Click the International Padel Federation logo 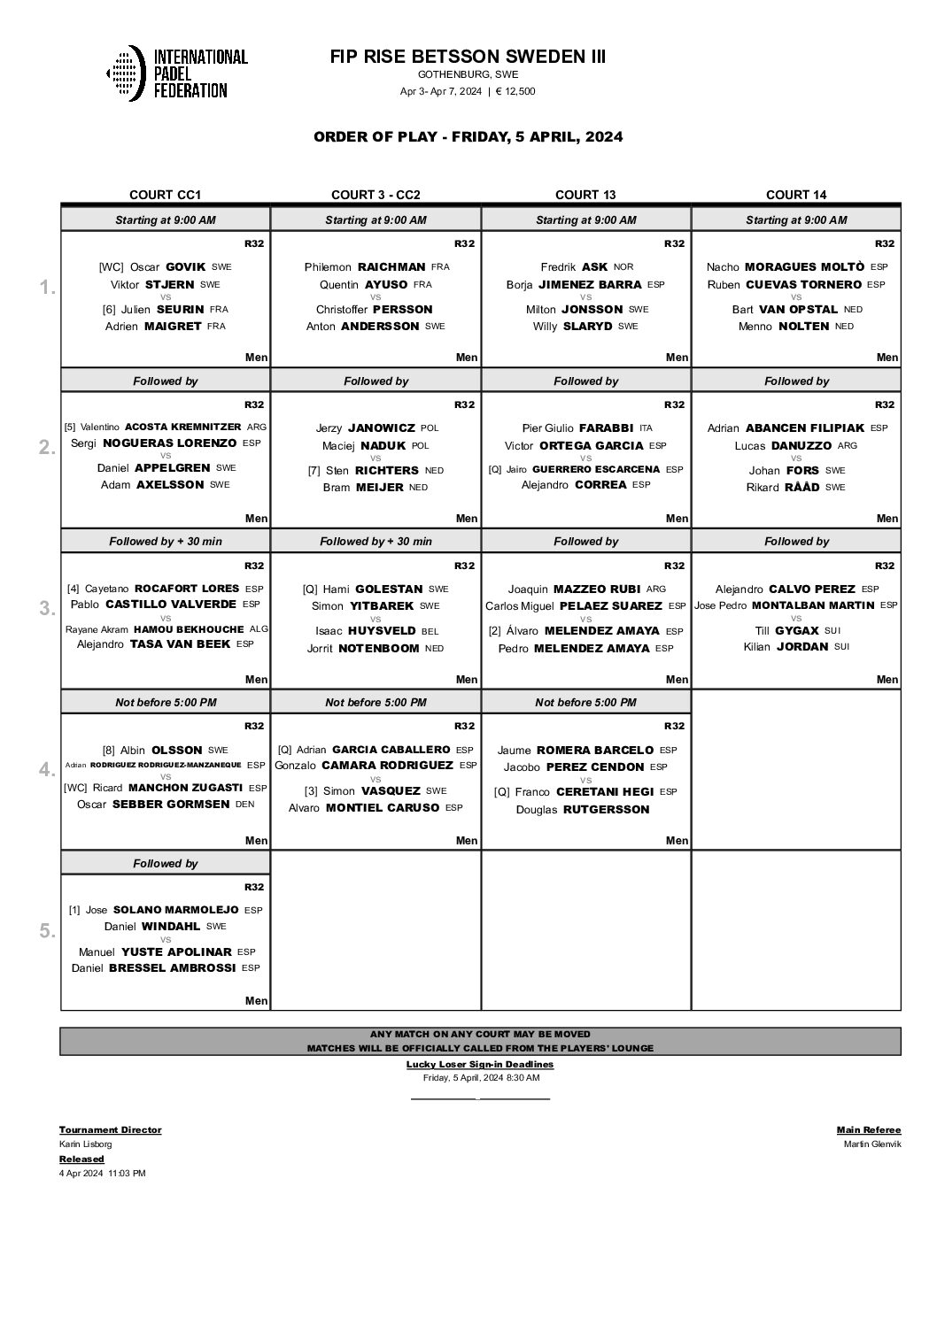176,73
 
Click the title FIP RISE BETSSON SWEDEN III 468,57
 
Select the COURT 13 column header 585,195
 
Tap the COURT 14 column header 795,195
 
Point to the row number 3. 47,609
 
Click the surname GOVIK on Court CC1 185,266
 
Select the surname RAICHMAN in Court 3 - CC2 391,266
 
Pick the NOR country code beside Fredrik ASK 623,267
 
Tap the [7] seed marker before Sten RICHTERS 314,471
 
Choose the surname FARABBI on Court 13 606,428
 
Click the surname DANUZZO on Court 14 801,445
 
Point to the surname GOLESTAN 389,589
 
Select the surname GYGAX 798,630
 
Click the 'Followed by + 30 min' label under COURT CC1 165,541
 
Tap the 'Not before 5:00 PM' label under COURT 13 585,702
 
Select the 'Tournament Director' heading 110,1129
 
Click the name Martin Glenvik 872,1144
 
